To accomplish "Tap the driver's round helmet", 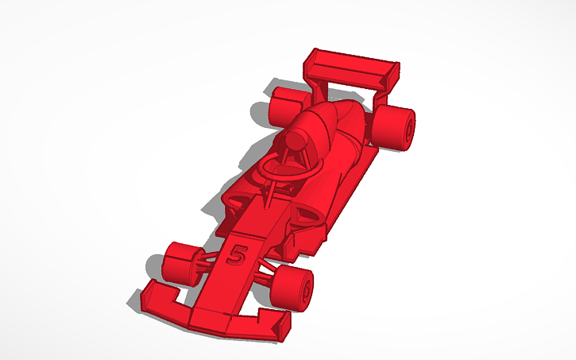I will point(296,140).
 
